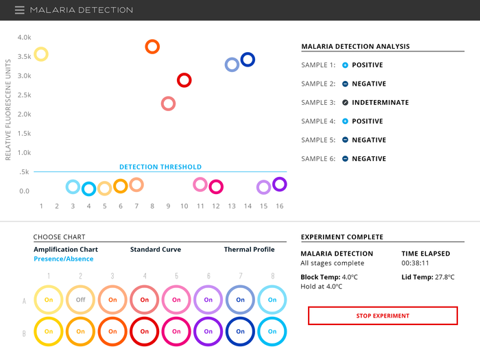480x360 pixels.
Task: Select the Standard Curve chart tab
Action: click(156, 250)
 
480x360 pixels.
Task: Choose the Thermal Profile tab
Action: click(250, 250)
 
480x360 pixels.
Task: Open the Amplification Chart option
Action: click(66, 250)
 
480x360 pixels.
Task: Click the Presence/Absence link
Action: click(64, 259)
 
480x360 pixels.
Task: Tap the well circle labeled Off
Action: click(80, 300)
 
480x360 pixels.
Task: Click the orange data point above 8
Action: click(152, 47)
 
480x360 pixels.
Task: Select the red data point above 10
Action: click(184, 80)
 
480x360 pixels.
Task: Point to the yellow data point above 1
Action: click(41, 54)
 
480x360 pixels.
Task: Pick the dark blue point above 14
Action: click(248, 60)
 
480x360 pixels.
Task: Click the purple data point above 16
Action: click(279, 184)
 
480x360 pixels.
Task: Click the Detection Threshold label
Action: click(160, 167)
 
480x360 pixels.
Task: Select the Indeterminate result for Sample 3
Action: click(380, 103)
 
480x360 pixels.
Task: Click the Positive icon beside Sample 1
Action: click(345, 65)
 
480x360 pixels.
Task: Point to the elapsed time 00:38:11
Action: click(415, 263)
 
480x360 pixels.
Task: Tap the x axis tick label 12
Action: click(216, 206)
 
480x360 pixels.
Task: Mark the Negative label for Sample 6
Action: click(369, 159)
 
